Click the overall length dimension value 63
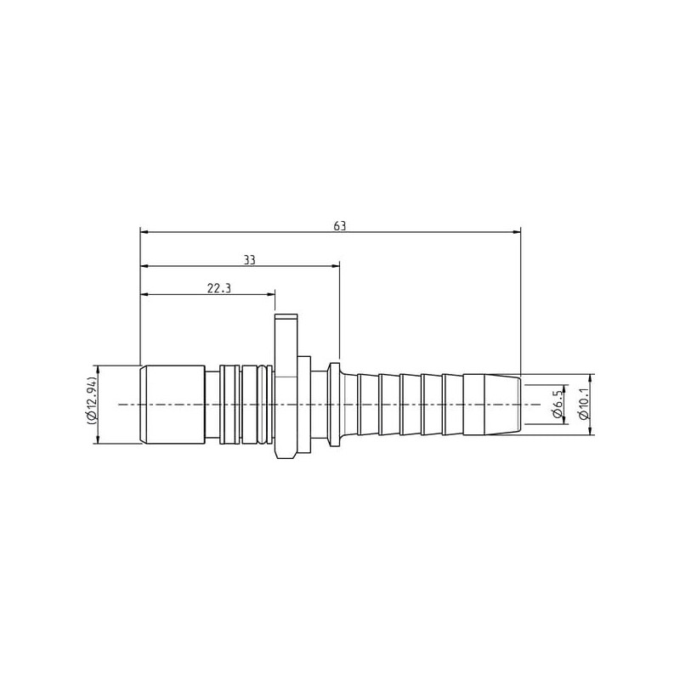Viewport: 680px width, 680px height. point(340,226)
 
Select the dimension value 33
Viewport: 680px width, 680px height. point(249,260)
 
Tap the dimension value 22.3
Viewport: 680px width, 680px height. point(219,288)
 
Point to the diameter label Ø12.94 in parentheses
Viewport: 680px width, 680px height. point(92,405)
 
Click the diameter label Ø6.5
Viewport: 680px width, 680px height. point(558,405)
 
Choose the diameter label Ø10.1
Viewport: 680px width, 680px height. point(584,405)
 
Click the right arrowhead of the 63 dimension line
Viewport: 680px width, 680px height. point(517,232)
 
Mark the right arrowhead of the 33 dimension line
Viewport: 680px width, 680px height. point(335,266)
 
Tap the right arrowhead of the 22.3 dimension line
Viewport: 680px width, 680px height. point(271,294)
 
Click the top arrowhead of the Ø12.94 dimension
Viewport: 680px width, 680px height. point(99,370)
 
